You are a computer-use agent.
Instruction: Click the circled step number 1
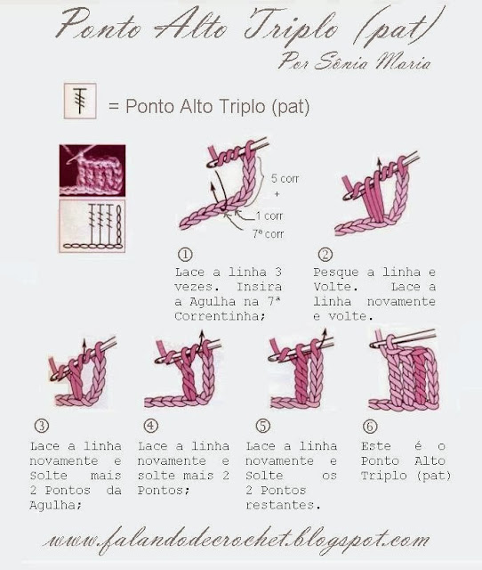click(x=186, y=254)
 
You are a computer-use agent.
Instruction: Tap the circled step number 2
click(x=325, y=254)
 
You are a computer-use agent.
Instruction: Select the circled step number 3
click(x=42, y=426)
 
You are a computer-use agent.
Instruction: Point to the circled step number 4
click(x=151, y=426)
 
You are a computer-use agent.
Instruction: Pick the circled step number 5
click(x=262, y=426)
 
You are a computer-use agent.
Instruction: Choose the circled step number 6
click(x=370, y=426)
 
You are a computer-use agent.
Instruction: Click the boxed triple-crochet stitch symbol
click(x=80, y=101)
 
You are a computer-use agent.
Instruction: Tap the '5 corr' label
click(x=285, y=178)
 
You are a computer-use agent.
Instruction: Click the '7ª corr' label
click(x=269, y=233)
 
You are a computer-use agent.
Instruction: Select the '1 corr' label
click(x=269, y=216)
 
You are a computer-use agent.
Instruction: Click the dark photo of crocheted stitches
click(x=92, y=170)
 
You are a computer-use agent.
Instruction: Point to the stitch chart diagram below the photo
click(x=92, y=225)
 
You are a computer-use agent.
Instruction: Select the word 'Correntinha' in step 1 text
click(x=220, y=316)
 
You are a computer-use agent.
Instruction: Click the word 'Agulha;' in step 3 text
click(x=55, y=506)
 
